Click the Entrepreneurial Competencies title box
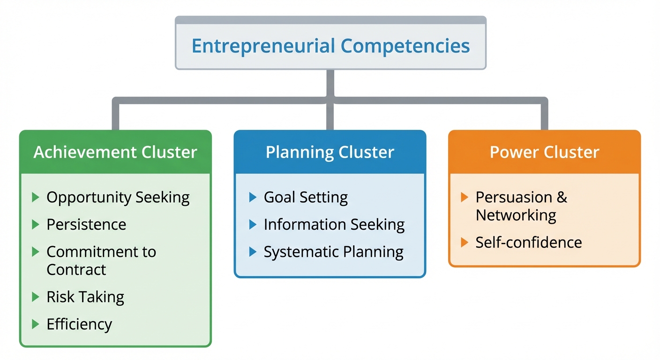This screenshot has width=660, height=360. coord(330,46)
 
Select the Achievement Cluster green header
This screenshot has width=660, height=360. coord(115,152)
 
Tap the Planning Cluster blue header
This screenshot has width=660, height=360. coord(330,152)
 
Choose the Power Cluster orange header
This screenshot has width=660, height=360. coord(544,152)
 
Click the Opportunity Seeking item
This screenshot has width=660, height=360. coord(118,197)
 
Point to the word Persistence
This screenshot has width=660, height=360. coord(86,225)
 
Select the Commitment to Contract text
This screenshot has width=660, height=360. coord(101,261)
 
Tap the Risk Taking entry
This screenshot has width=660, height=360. coord(85,297)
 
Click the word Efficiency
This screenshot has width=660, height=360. coord(79,324)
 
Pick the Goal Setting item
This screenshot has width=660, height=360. coord(306,197)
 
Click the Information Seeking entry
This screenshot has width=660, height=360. coord(334,225)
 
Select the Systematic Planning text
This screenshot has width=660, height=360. coord(333,252)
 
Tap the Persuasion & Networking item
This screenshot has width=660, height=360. coord(521,206)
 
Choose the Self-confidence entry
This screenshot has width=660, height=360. coord(528,242)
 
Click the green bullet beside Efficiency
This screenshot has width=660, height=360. coord(36,324)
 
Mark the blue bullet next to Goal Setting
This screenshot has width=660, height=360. coord(253,197)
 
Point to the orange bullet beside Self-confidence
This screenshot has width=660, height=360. coord(465,242)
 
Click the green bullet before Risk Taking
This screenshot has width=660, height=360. coord(36,297)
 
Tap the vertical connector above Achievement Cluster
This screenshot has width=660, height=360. coord(115,115)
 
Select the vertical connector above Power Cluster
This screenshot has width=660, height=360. coord(544,115)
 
